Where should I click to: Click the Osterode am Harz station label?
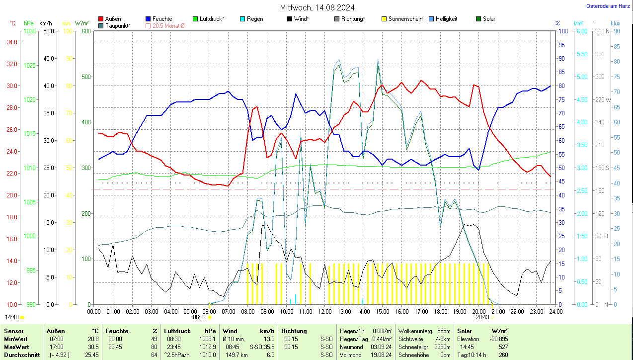pos(609,6)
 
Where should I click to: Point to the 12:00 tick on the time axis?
pos(324,311)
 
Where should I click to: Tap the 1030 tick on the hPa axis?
pos(30,31)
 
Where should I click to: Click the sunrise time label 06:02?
pos(200,317)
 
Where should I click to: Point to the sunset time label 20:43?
pos(482,317)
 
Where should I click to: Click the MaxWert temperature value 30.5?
pos(93,347)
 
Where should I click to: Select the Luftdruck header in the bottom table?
pos(177,331)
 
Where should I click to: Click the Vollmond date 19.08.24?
pos(381,355)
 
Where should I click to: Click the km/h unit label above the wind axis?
pos(46,23)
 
